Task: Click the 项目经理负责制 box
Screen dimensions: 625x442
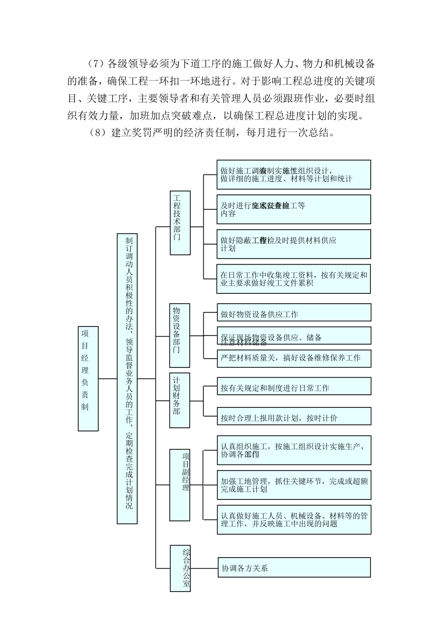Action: point(88,379)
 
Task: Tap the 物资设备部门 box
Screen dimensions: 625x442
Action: point(180,335)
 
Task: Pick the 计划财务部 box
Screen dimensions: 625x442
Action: point(180,400)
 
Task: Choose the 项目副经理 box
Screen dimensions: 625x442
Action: point(180,485)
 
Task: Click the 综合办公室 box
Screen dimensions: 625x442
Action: point(180,568)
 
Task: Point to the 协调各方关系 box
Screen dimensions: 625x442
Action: point(294,568)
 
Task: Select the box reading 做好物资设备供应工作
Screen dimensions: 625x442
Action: point(294,312)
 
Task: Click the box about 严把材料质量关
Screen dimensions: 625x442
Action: point(294,359)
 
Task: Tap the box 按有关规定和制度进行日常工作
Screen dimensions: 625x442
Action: point(294,386)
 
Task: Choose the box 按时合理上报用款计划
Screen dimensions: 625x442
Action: point(294,417)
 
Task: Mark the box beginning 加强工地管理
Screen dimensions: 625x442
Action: point(294,485)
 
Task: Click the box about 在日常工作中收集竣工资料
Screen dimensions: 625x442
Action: point(294,279)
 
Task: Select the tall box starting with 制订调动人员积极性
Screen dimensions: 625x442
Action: point(127,379)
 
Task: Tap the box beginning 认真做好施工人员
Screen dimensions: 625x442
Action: point(294,519)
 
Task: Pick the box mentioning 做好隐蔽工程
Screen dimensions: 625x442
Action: point(294,244)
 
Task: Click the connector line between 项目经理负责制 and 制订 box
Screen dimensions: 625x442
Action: point(107,379)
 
